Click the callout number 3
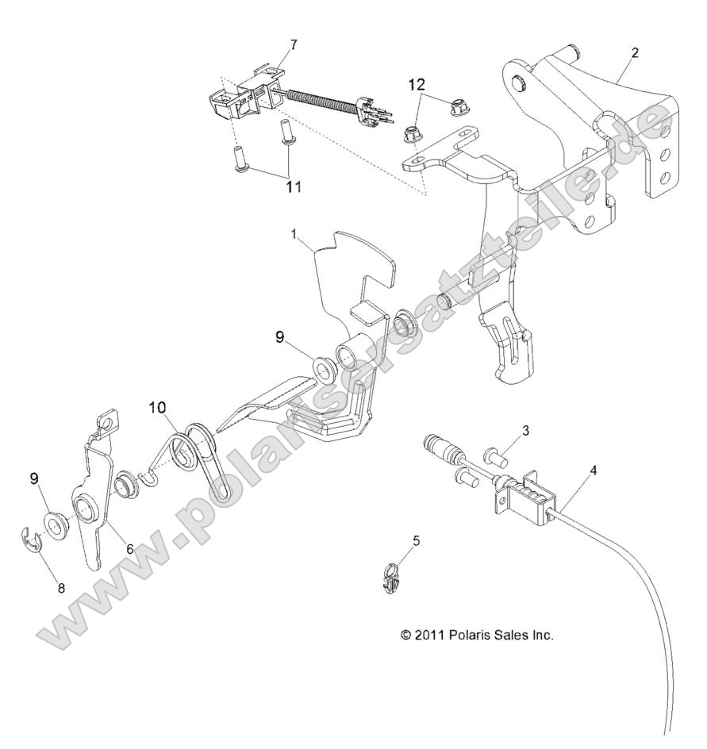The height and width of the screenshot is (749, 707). (525, 429)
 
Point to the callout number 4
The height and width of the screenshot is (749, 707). (594, 470)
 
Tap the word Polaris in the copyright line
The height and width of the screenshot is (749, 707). (472, 636)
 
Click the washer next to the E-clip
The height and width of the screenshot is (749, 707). (54, 525)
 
